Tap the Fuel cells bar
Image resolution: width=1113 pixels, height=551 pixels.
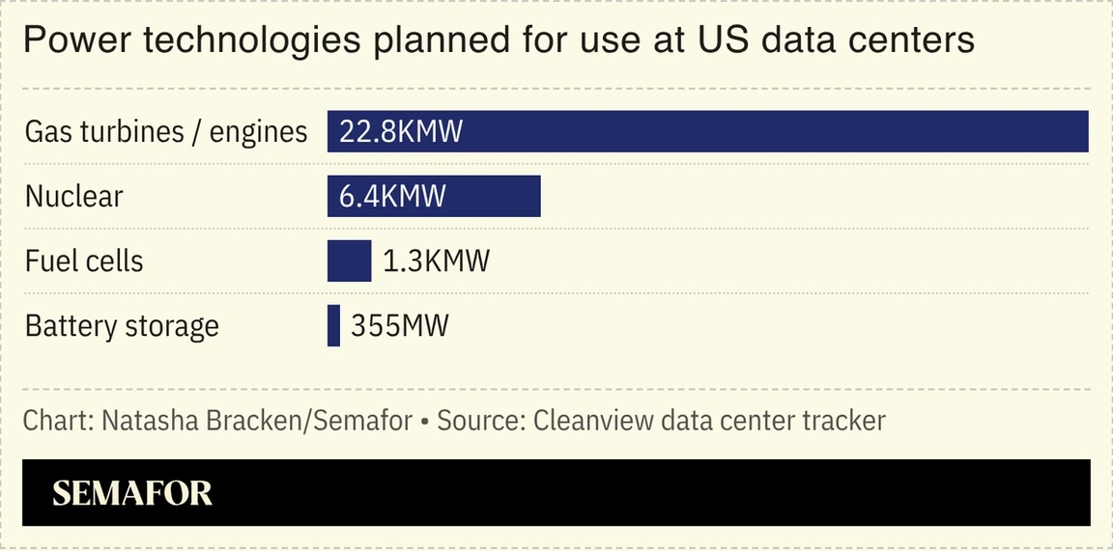[349, 261]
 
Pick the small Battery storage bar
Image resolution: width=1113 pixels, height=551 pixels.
[333, 325]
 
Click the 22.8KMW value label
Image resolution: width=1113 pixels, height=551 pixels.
[401, 131]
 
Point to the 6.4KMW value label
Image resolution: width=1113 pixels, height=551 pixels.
[392, 196]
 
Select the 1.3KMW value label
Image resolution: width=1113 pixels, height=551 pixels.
[436, 261]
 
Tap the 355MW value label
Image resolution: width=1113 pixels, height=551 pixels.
[399, 325]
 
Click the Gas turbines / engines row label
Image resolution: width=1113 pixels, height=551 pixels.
[166, 131]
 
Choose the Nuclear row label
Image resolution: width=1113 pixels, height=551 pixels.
[74, 196]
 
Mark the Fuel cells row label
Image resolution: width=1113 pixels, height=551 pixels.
[84, 261]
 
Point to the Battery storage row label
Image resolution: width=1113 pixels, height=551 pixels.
[122, 326]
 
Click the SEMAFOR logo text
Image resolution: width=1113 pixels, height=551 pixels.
[132, 493]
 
